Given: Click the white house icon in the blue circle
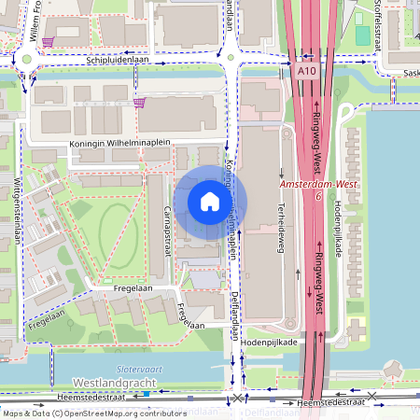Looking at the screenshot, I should point(210,202).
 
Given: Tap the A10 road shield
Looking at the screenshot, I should point(309,70).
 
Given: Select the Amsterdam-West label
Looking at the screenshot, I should point(320,187).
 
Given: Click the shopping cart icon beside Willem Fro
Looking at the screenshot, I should point(48,42).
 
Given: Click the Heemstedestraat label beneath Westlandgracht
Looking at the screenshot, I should point(111,398).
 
